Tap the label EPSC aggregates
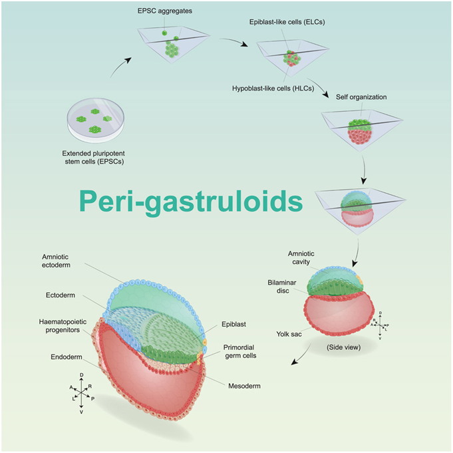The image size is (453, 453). click(x=169, y=13)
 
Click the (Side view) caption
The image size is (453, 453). click(x=343, y=347)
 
